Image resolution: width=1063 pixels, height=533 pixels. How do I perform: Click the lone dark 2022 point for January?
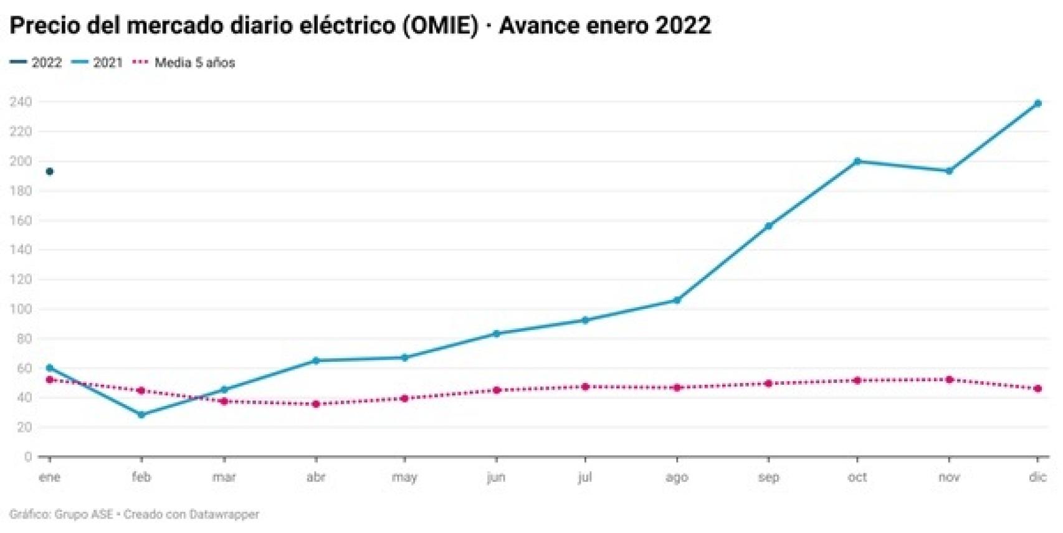(50, 171)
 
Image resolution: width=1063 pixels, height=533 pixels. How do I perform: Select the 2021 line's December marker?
(1037, 103)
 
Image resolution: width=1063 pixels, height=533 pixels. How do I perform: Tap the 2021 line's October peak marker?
(857, 161)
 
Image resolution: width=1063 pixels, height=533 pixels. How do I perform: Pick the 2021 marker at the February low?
(141, 415)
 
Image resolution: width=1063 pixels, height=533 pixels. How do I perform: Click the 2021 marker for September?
(769, 226)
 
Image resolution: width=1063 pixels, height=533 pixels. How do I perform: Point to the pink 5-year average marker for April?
(316, 404)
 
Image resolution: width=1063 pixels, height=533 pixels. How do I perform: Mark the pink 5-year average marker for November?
(949, 379)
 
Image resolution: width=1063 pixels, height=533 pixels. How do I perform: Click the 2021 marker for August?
(677, 300)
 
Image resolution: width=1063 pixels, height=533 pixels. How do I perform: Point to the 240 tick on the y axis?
(21, 101)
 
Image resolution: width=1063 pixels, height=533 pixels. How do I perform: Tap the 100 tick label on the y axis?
(21, 309)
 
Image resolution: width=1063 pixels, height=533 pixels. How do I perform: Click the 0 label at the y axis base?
(27, 457)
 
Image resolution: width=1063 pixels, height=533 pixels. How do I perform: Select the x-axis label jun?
(496, 478)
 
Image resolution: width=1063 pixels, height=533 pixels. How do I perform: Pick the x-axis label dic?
(1037, 478)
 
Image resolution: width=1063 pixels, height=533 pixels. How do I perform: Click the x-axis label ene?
(50, 478)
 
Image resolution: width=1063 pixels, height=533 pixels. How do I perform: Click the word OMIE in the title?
(441, 26)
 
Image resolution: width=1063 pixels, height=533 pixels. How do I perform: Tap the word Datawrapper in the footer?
(224, 514)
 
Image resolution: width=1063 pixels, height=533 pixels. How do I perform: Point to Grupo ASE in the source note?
(84, 514)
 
